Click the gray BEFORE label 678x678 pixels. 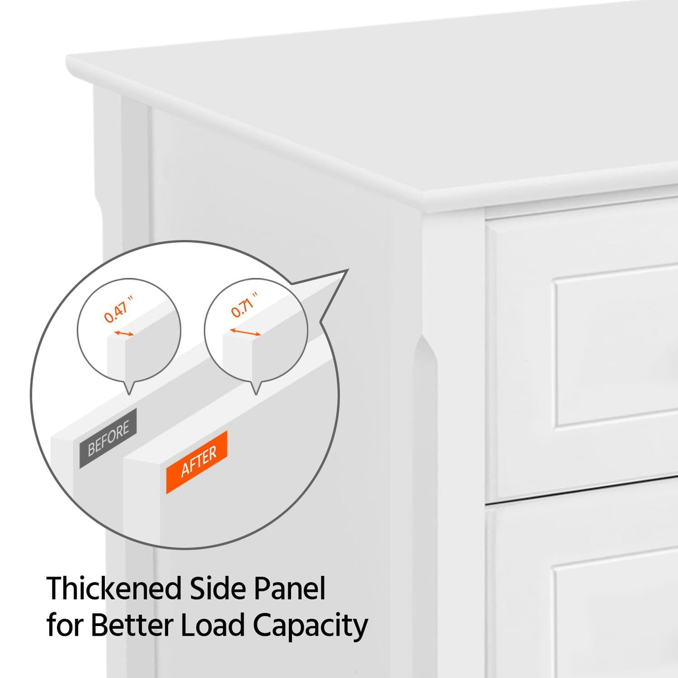point(108,438)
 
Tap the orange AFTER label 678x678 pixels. point(197,462)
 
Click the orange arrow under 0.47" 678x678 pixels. point(124,333)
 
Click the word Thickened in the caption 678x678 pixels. point(114,589)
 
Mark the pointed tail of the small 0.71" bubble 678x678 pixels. point(256,391)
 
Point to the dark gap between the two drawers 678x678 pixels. point(581,491)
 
